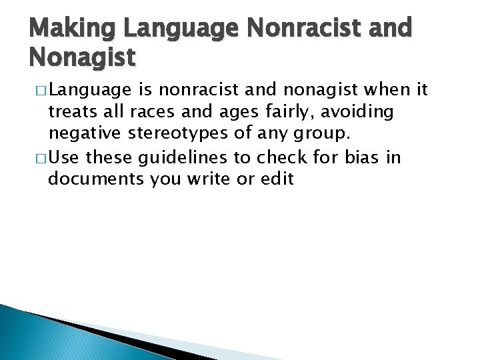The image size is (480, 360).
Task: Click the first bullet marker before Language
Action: tap(39, 91)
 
